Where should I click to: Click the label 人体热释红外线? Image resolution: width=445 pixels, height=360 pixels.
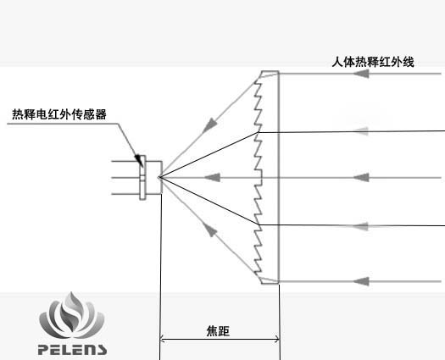coord(373,62)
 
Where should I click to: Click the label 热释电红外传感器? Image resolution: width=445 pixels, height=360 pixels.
coord(59,114)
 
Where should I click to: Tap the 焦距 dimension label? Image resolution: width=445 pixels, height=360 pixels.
coord(218,331)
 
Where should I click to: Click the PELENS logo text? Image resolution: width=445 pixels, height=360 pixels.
coord(72,350)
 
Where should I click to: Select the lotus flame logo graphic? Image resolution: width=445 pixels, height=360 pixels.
coord(72,315)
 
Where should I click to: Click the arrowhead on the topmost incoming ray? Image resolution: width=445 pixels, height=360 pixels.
coord(361,74)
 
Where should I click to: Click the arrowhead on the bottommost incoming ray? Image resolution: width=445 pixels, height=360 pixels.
coord(361,281)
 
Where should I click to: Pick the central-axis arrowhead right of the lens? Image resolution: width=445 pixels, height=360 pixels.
coord(361,178)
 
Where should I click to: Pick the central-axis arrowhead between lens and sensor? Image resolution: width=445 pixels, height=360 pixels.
coord(212,178)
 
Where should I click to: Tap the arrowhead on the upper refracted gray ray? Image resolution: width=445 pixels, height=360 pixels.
coord(209,126)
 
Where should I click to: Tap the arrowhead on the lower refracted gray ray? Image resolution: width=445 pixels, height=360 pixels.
coord(209,230)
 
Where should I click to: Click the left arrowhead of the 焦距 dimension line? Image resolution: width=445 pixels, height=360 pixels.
coord(162,339)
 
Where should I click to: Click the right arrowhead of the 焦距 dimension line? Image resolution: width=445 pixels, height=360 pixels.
coord(277,339)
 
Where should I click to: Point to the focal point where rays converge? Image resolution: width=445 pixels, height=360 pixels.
coord(159,177)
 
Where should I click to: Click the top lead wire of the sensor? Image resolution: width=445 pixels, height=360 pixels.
coord(125,161)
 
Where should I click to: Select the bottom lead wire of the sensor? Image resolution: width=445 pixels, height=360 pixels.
coord(125,194)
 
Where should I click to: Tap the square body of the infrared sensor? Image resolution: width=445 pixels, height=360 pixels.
coord(153,178)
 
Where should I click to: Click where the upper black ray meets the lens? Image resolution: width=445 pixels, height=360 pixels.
coord(259,132)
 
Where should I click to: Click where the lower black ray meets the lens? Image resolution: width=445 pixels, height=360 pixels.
coord(259,224)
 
